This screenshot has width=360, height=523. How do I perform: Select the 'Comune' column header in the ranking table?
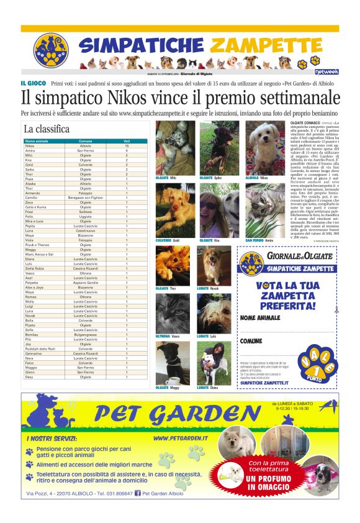click(86, 142)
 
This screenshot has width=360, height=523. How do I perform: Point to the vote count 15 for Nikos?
click(127, 146)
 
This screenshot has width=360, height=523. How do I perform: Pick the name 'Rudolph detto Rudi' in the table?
click(41, 348)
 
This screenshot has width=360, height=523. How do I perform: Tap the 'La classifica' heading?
click(47, 129)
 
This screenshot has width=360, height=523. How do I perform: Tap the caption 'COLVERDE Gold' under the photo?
click(168, 240)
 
